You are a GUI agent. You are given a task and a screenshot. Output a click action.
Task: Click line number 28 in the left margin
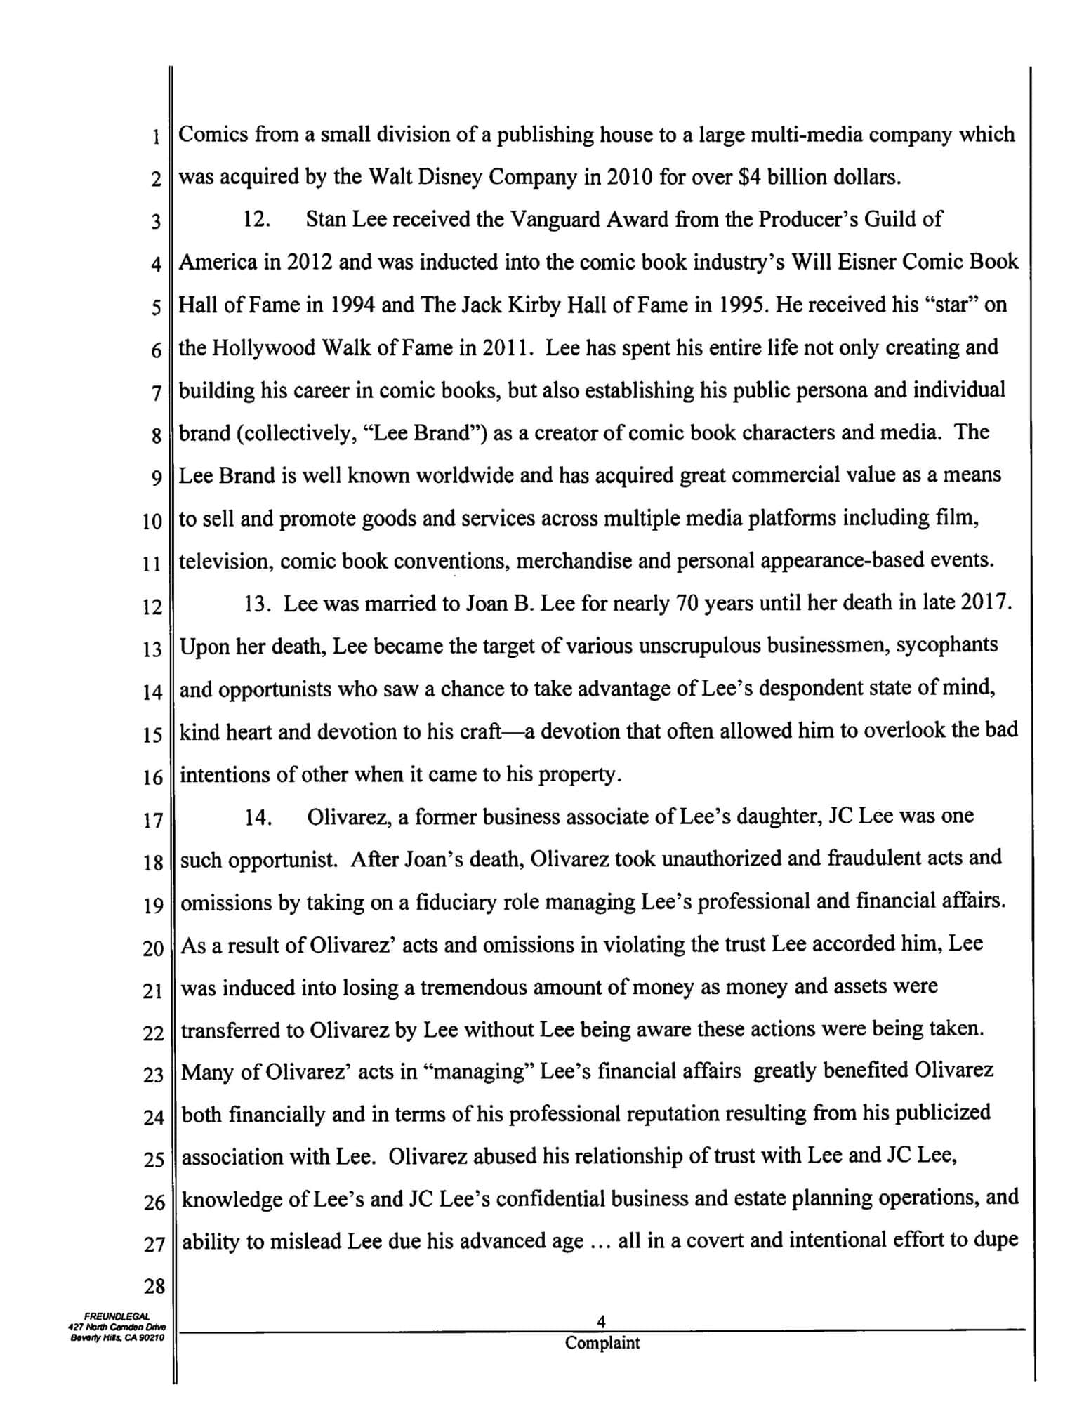click(x=154, y=1287)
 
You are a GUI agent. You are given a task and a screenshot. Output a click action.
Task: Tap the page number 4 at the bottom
click(x=601, y=1322)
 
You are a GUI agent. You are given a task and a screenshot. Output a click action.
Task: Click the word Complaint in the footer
click(x=602, y=1344)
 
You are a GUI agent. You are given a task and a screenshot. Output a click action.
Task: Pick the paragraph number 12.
click(x=256, y=220)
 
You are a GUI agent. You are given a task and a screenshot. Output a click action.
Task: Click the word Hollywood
click(x=262, y=348)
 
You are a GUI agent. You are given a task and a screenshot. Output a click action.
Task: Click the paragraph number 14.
click(x=258, y=817)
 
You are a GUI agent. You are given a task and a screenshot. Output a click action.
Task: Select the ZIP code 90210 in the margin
click(x=150, y=1337)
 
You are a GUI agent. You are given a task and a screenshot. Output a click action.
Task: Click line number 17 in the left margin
click(x=152, y=820)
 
